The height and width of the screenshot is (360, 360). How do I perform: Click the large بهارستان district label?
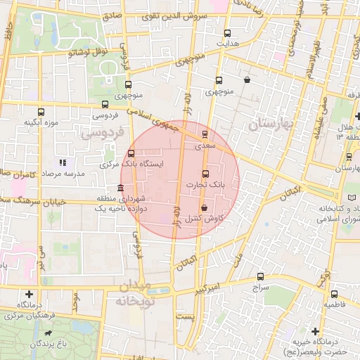[x=274, y=124]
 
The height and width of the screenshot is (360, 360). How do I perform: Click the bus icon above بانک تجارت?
[x=205, y=174]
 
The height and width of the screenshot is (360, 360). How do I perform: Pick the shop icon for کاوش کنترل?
[x=204, y=208]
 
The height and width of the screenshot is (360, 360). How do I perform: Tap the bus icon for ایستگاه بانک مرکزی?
[x=131, y=153]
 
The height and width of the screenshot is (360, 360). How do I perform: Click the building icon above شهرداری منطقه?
[x=121, y=188]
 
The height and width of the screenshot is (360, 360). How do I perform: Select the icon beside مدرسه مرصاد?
[x=63, y=162]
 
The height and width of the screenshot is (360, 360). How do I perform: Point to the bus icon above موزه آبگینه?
[x=40, y=112]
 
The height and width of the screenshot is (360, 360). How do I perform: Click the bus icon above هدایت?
[x=226, y=32]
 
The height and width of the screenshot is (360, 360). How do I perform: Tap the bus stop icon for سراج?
[x=260, y=276]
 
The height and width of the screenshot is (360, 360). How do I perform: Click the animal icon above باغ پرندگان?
[x=49, y=333]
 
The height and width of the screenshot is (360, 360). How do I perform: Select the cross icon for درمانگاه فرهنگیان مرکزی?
[x=29, y=294]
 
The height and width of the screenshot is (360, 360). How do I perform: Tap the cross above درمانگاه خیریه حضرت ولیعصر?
[x=315, y=330]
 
